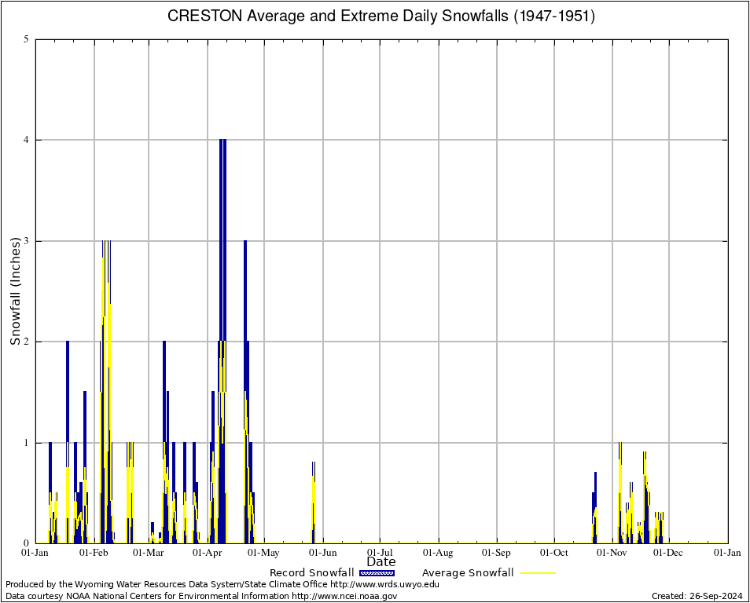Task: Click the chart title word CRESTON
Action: (200, 16)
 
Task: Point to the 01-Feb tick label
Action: (94, 553)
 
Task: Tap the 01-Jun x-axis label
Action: (322, 553)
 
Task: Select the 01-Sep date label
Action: (496, 553)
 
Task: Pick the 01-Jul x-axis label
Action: (380, 553)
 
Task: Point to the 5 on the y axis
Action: (27, 39)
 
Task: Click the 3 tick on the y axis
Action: (27, 241)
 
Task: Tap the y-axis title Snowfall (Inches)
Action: (16, 291)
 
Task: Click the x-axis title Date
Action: (381, 562)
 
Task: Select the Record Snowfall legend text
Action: (311, 573)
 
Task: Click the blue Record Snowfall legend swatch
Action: (376, 573)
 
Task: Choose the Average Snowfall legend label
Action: (468, 573)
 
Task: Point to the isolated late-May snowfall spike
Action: (313, 502)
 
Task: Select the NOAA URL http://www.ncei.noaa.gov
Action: (344, 596)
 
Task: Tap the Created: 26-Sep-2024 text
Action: (697, 596)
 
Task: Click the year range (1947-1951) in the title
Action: (554, 16)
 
